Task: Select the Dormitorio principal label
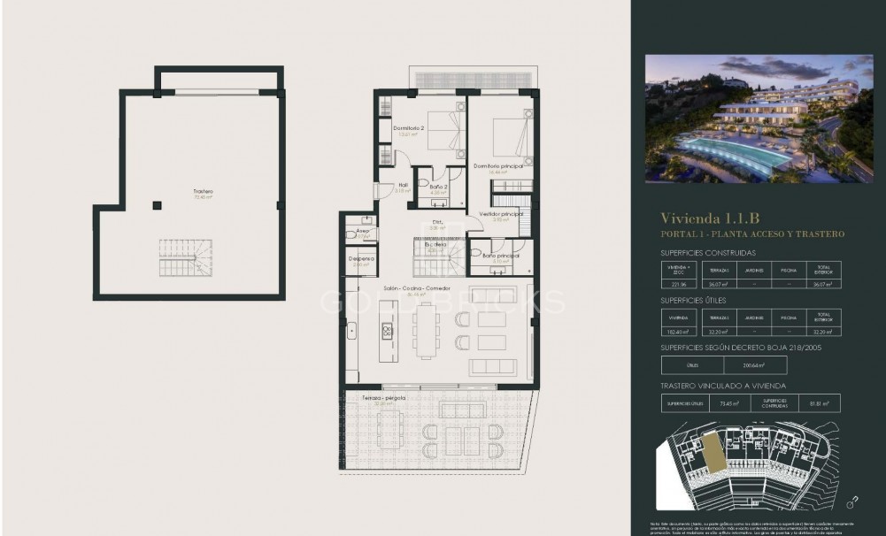(497, 165)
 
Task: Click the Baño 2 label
(438, 187)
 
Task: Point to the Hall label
(402, 186)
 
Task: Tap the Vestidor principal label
(501, 214)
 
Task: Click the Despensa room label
(361, 258)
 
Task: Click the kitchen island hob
(387, 331)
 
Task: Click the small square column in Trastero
(157, 205)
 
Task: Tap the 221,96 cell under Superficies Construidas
(679, 284)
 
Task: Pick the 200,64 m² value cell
(755, 365)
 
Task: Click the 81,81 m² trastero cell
(819, 403)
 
